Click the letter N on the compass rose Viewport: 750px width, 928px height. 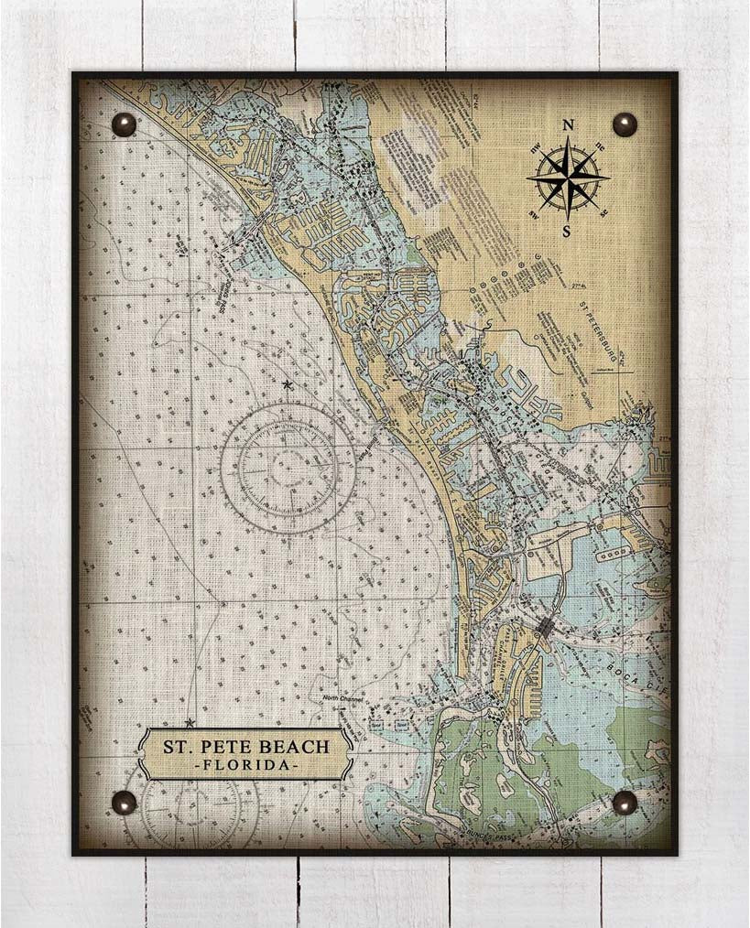pyautogui.click(x=568, y=125)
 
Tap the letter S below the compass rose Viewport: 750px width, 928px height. pyautogui.click(x=567, y=231)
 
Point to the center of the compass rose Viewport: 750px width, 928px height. pyautogui.click(x=568, y=177)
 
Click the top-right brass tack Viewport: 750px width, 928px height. pyautogui.click(x=625, y=124)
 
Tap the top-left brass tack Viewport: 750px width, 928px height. pyautogui.click(x=124, y=124)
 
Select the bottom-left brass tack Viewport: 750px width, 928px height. pyautogui.click(x=124, y=803)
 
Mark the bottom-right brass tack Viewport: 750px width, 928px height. pyautogui.click(x=625, y=803)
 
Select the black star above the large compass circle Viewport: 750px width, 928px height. pyautogui.click(x=288, y=385)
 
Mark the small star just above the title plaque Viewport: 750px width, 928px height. pyautogui.click(x=190, y=723)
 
